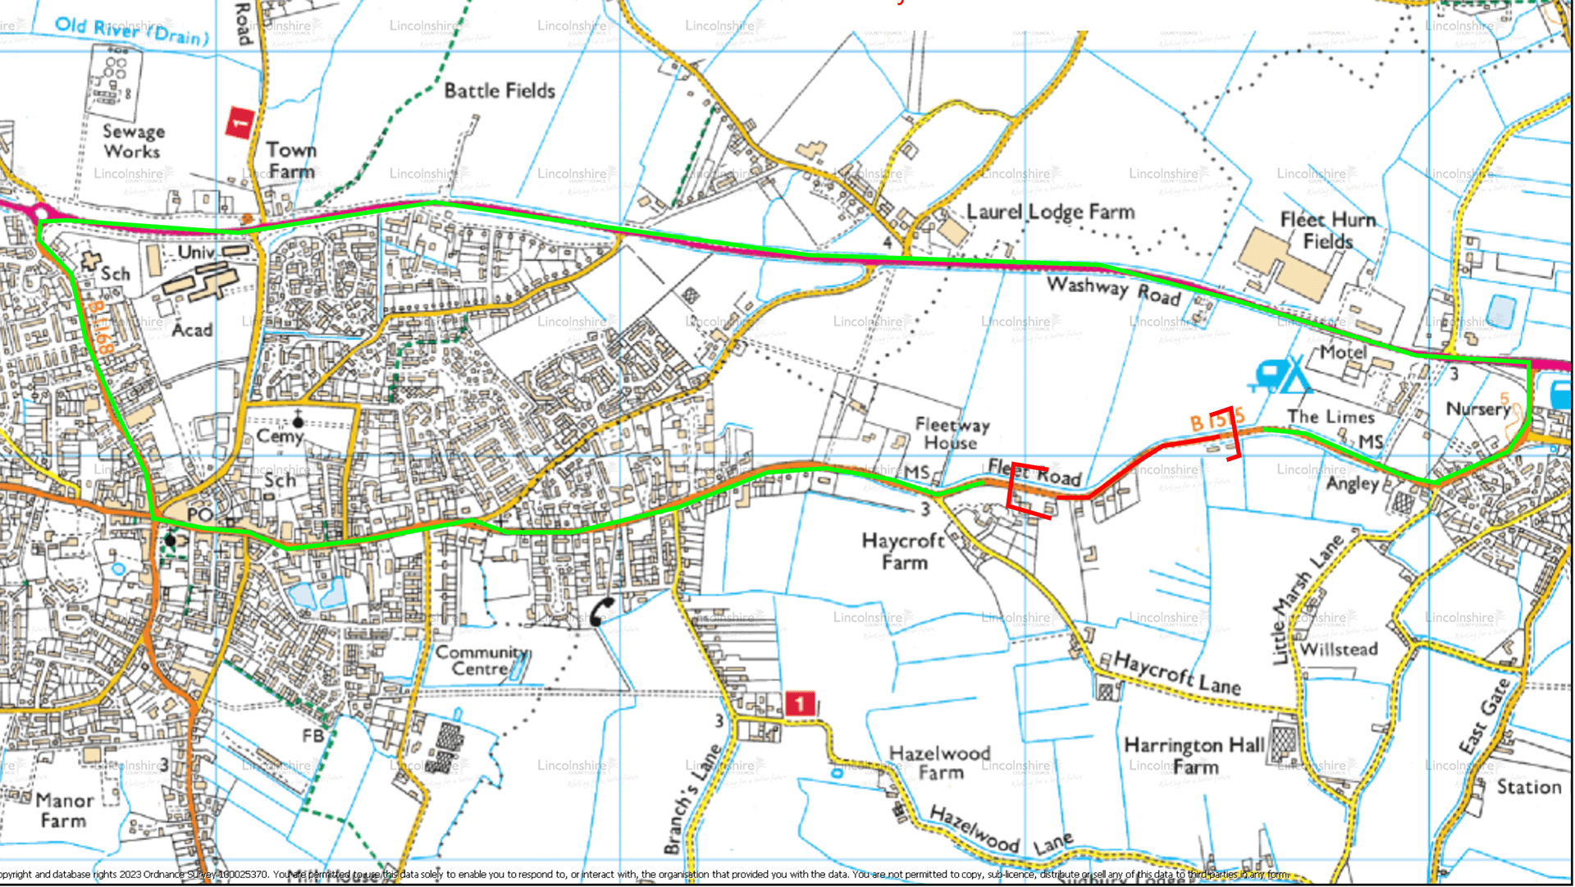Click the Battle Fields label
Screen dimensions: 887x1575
tap(500, 91)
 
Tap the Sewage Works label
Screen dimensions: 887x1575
tap(133, 141)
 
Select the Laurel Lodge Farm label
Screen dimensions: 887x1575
tap(1050, 212)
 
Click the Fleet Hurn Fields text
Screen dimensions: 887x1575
tap(1327, 231)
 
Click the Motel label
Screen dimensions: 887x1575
tap(1343, 352)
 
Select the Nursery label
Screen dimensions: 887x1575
tap(1477, 409)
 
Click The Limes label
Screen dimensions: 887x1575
tap(1330, 417)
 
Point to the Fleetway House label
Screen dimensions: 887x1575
tap(952, 433)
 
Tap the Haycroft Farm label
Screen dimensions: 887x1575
tap(904, 551)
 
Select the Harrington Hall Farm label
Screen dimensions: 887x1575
tap(1194, 756)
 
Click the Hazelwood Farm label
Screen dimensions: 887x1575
tap(940, 762)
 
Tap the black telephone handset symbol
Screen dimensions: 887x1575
tap(601, 611)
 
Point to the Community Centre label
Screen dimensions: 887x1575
tap(482, 661)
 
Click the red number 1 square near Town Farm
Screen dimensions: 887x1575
tap(239, 123)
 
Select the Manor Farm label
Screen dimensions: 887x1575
tap(64, 810)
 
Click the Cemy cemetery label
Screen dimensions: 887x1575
tap(280, 436)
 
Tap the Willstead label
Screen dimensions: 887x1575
tap(1339, 650)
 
